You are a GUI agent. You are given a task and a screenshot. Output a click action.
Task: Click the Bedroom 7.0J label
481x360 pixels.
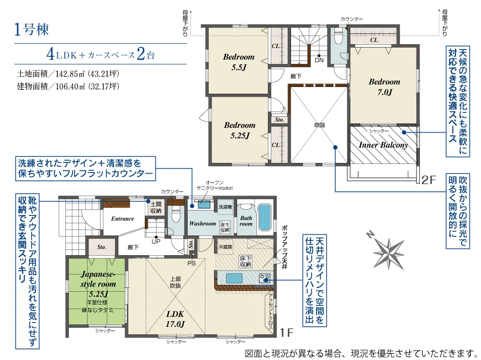point(384,87)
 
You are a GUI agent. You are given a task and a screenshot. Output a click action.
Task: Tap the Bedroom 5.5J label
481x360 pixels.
point(239,62)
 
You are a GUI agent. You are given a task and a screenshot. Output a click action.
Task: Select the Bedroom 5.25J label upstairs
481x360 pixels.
point(240,130)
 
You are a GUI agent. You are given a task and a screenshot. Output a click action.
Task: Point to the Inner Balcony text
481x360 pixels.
point(383,145)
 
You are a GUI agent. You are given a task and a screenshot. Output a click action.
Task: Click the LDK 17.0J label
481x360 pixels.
point(175,319)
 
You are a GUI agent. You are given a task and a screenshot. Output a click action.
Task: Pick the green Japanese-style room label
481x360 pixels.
point(98,284)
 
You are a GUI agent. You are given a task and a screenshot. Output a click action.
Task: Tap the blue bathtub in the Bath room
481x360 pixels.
point(265,217)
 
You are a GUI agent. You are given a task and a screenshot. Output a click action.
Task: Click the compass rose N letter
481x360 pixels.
point(370,235)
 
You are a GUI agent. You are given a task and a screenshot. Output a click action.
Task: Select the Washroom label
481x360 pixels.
point(203,223)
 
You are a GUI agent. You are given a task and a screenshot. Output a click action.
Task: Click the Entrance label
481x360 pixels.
point(122,219)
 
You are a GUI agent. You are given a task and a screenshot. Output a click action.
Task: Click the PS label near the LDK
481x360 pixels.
point(191,263)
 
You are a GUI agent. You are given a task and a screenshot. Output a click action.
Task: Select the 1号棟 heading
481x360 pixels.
point(31,30)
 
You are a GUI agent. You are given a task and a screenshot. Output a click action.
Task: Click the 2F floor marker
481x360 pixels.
point(429,180)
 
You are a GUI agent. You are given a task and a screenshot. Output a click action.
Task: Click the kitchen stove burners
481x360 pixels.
point(265,278)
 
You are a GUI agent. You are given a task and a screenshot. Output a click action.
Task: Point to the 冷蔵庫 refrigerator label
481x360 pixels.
point(225,247)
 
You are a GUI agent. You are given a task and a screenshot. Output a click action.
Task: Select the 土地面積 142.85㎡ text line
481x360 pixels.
point(68,74)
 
